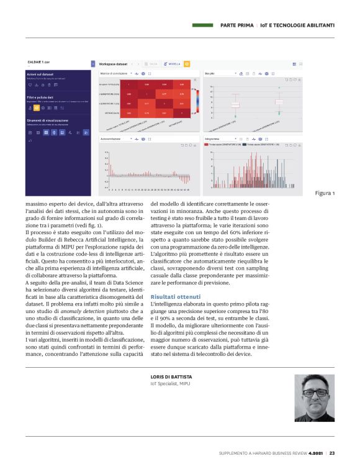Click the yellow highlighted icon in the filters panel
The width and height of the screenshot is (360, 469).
[37, 107]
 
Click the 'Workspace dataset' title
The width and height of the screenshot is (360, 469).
[113, 63]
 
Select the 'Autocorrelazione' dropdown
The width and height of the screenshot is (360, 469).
[115, 139]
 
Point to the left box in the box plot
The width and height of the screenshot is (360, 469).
[235, 105]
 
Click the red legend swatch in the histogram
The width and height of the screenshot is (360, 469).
[207, 145]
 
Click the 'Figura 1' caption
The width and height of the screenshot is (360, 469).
[324, 193]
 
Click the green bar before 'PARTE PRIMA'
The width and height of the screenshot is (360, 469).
[204, 25]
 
